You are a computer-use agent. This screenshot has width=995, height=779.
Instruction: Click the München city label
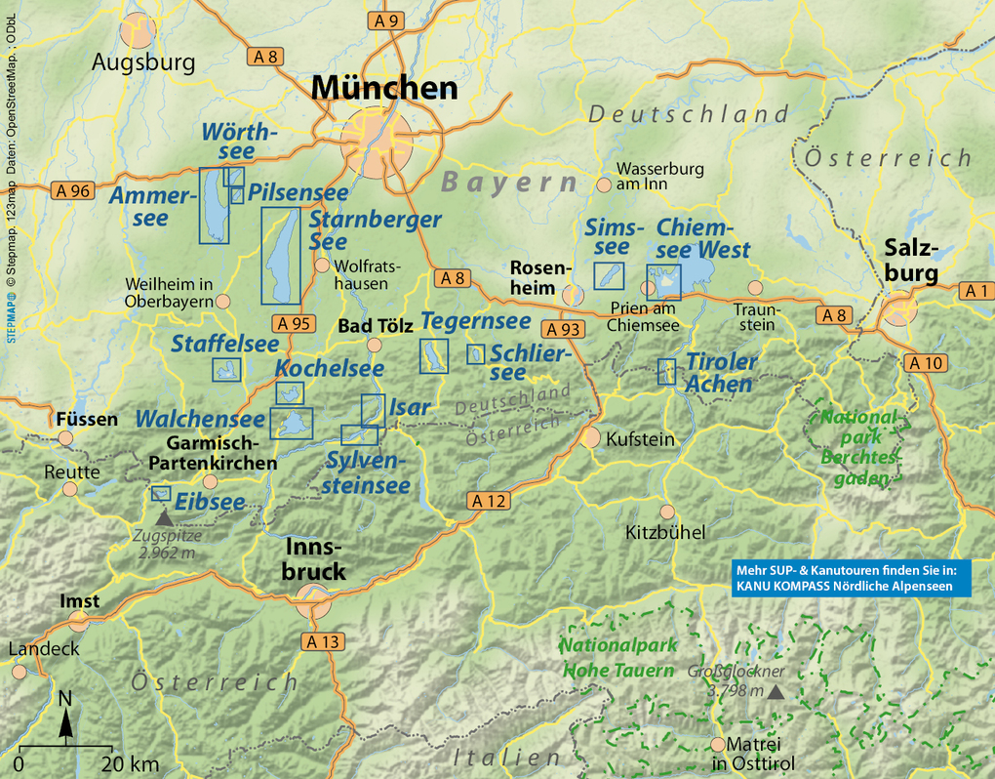click(384, 88)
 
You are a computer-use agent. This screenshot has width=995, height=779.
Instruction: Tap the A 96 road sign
click(73, 191)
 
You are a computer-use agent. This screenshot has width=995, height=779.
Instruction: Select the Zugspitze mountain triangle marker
click(162, 518)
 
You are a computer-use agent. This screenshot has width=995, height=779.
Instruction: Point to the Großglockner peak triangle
click(776, 691)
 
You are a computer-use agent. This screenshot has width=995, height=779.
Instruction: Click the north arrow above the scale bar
click(65, 720)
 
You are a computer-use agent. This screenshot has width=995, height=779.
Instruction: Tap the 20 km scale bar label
click(131, 763)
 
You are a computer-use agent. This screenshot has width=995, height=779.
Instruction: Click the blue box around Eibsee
click(161, 494)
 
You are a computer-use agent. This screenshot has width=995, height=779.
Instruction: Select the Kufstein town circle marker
click(591, 436)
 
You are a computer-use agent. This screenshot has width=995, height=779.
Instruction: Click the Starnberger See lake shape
click(281, 256)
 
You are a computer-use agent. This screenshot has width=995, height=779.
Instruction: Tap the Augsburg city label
click(143, 62)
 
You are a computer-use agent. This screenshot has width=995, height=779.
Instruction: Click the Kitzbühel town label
click(665, 533)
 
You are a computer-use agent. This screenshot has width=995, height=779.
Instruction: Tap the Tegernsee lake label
click(475, 321)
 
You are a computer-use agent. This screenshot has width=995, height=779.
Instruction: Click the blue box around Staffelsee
click(226, 369)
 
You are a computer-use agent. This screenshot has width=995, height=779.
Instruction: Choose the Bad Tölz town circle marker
click(374, 344)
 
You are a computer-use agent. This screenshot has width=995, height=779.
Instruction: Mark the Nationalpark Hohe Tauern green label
click(616, 657)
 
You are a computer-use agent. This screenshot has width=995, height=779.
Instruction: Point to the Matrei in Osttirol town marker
click(719, 743)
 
